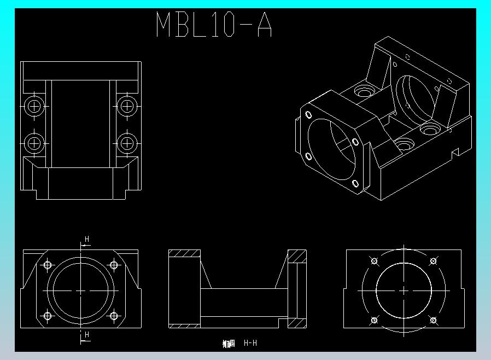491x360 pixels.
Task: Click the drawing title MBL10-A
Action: coord(214,25)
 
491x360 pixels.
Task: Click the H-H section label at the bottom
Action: coord(250,343)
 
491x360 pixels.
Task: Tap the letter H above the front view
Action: coord(86,239)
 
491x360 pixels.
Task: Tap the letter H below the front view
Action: coord(86,334)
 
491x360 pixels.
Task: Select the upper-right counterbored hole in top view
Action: coord(126,106)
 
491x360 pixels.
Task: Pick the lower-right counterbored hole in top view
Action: coord(126,143)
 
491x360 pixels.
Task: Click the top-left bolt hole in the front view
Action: coord(48,265)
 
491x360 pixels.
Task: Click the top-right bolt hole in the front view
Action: coord(114,265)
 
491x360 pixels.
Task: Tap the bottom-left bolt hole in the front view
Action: coord(48,316)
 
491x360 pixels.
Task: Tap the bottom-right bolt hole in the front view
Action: coord(114,316)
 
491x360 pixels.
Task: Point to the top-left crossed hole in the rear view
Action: coord(375,261)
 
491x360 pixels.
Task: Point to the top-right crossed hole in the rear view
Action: coord(433,261)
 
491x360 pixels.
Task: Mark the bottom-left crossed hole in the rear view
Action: coord(375,320)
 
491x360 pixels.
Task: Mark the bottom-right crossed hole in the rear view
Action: coord(433,320)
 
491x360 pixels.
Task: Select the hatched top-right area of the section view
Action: coord(297,256)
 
